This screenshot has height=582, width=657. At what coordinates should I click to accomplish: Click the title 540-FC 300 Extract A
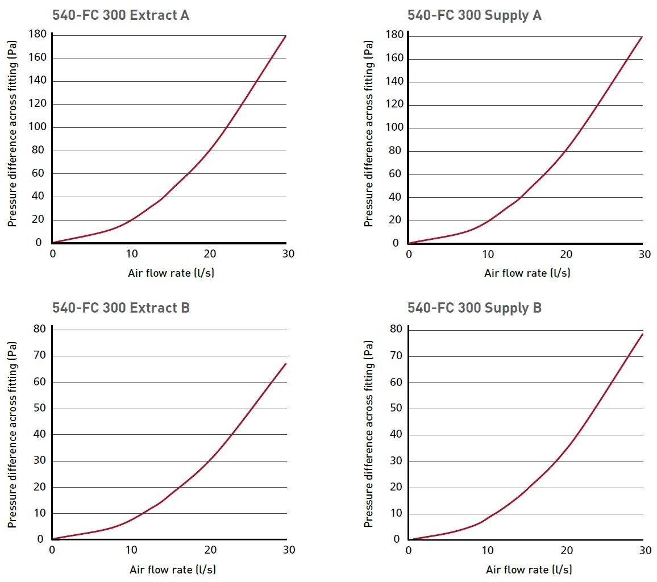click(x=120, y=15)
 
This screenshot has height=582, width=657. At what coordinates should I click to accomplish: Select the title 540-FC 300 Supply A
click(x=474, y=15)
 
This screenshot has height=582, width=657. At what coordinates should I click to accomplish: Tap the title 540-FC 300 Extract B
click(x=120, y=307)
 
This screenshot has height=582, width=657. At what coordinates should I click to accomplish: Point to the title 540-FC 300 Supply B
click(x=474, y=307)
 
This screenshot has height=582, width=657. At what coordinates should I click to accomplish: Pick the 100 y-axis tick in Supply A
click(x=394, y=128)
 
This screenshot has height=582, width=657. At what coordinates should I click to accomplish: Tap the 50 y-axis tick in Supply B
click(x=396, y=409)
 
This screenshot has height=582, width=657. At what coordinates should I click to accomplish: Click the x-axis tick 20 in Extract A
click(x=210, y=254)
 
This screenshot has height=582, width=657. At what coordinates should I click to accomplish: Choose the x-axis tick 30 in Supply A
click(x=644, y=255)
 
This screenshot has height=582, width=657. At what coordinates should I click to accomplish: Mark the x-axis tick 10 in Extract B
click(x=131, y=550)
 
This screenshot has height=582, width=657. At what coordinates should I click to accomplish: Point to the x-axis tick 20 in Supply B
click(x=566, y=551)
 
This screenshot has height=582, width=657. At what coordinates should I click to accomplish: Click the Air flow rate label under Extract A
click(x=171, y=273)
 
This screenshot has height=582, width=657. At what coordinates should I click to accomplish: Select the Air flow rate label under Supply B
click(x=529, y=569)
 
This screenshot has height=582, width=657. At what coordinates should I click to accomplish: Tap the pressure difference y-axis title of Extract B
click(x=12, y=434)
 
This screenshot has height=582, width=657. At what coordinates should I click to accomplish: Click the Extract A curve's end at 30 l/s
click(x=285, y=36)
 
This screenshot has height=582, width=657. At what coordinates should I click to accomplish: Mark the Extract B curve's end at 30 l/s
click(x=286, y=363)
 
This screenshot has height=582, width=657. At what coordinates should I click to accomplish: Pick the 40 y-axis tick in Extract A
click(x=39, y=197)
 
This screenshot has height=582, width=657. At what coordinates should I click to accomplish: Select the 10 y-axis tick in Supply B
click(x=396, y=514)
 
